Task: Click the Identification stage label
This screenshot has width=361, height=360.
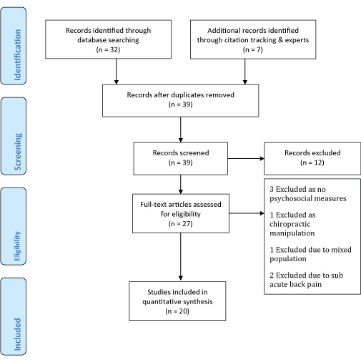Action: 18,55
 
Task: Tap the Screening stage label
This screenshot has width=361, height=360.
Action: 18,152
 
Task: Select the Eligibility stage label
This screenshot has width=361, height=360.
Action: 17,246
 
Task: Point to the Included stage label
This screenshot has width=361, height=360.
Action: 18,334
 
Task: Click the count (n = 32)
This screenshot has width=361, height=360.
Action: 108,49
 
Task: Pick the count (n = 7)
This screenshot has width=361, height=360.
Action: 253,49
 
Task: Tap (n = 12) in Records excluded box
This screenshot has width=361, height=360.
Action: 312,162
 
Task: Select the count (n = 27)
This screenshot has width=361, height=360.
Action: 180,224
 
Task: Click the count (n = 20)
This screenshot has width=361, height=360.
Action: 177,311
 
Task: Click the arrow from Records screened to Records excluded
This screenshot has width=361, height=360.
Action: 246,158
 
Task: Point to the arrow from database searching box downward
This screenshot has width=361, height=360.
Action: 117,72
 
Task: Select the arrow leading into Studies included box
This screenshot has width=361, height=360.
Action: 181,257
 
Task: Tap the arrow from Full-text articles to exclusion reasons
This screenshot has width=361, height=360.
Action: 247,213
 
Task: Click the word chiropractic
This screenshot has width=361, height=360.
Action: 290,224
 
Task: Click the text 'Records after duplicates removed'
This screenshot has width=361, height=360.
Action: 180,95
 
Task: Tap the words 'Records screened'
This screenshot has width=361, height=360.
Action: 181,153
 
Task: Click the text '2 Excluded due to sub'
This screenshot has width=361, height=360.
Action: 306,276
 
